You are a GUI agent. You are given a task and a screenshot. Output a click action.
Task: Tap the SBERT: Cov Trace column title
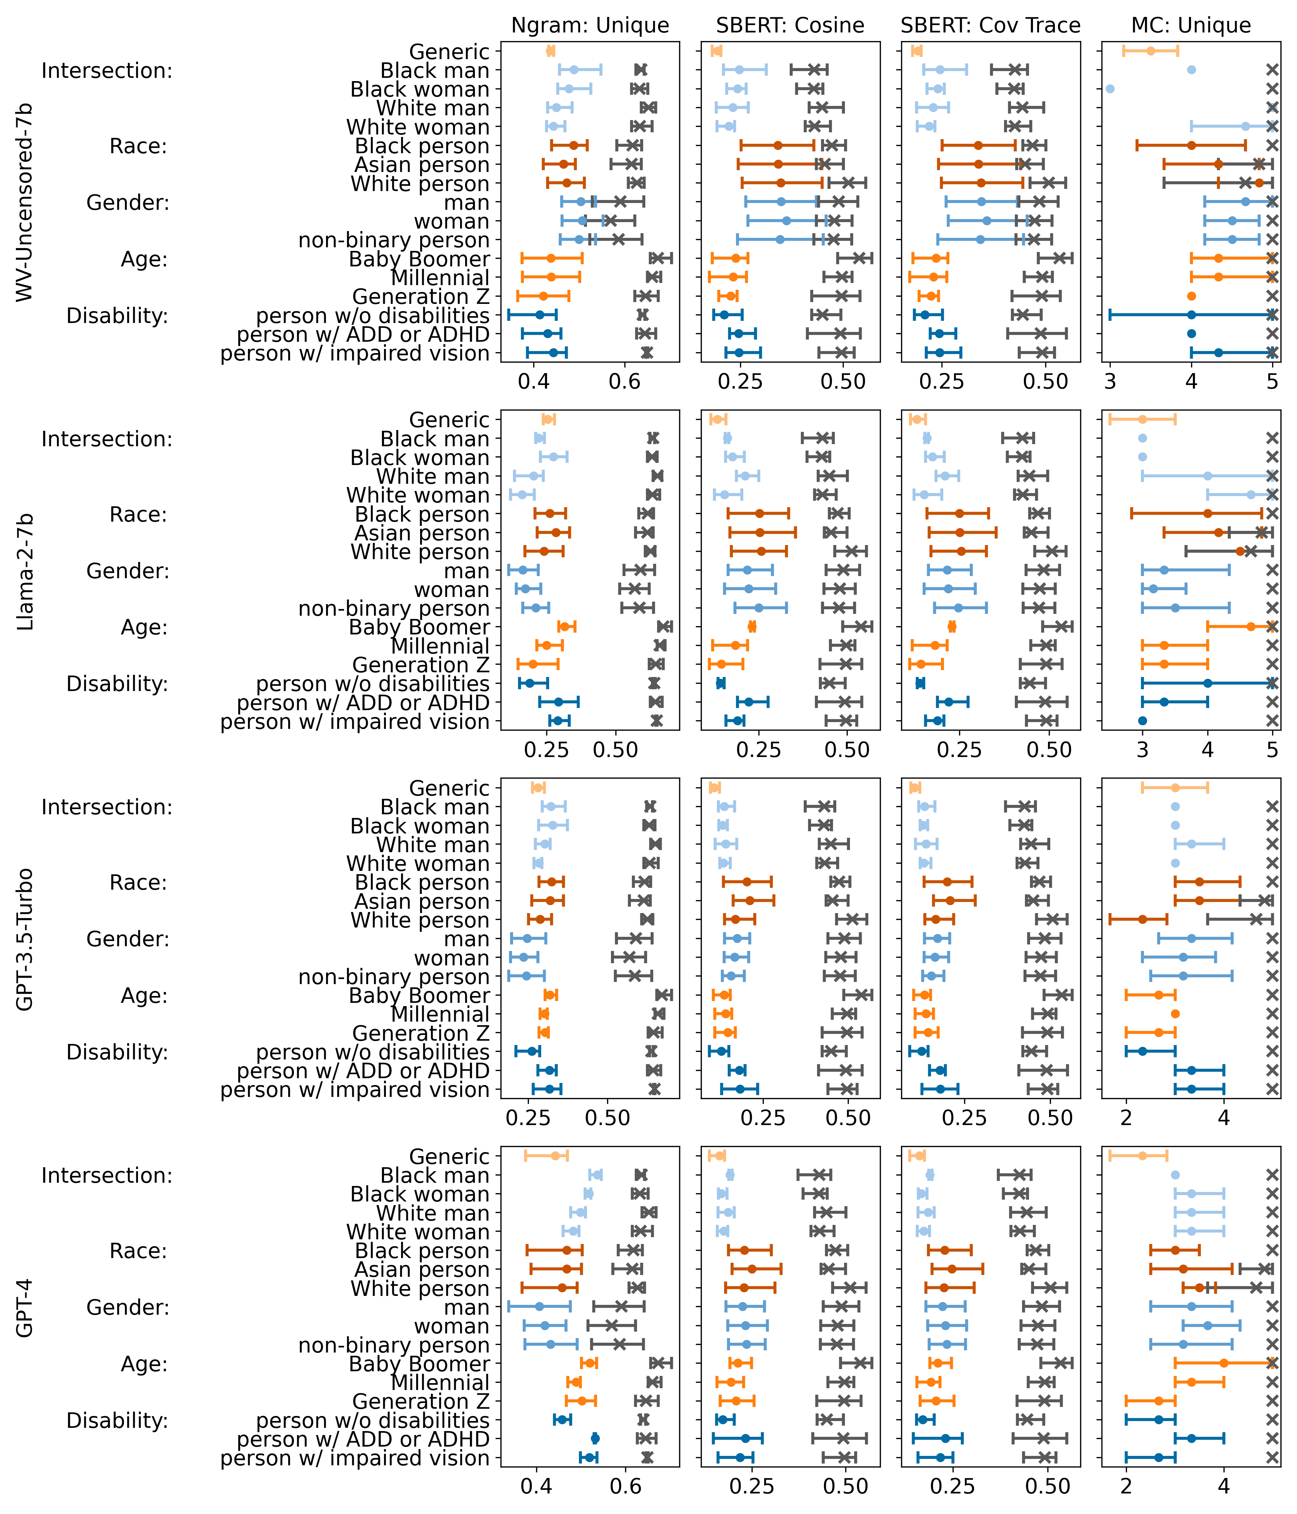pos(990,26)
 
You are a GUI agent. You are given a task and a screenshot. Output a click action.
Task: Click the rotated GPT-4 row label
pos(26,1308)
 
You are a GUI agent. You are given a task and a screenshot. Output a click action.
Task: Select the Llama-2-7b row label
pos(26,571)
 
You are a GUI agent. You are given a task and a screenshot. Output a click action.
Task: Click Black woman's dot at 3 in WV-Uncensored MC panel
pos(1110,89)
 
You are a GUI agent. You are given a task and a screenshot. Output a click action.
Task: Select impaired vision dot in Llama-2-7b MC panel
pos(1142,721)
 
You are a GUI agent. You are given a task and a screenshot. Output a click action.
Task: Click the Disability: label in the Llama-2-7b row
pos(117,684)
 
